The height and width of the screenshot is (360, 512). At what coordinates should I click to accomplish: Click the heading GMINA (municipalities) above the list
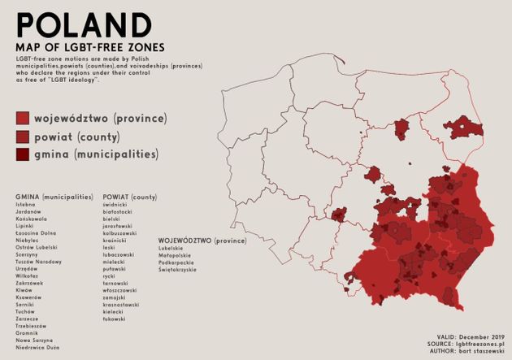pos(54,197)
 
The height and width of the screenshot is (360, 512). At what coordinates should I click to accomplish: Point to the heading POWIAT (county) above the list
pos(130,197)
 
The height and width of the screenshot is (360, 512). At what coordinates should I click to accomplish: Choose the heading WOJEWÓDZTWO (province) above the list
pos(202,241)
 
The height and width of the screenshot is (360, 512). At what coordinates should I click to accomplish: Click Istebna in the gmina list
pos(26,205)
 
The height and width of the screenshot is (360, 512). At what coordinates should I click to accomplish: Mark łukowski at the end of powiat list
pos(115,319)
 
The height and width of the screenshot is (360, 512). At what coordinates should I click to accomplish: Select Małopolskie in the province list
pos(176,257)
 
